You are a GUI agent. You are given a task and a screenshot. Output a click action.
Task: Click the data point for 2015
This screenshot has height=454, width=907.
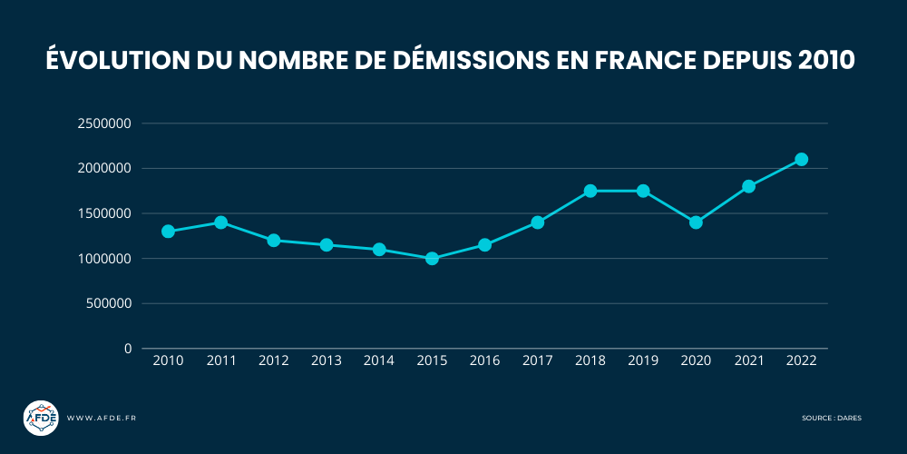[x=432, y=259]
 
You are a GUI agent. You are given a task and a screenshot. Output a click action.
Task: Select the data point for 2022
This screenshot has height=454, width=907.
[x=801, y=160]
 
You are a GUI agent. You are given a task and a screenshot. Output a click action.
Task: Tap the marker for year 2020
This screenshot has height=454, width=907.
[x=696, y=222]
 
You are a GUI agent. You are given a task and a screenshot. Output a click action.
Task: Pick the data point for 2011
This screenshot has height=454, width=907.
[x=220, y=222]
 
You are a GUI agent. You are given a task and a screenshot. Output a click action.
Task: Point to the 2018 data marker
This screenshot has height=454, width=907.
[x=590, y=191]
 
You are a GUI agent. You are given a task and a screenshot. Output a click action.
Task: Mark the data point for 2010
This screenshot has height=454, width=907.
[x=168, y=232]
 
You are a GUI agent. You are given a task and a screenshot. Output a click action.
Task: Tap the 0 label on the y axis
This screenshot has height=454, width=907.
[x=128, y=349]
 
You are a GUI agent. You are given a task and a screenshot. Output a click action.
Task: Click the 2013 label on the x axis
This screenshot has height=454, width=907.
[x=326, y=360]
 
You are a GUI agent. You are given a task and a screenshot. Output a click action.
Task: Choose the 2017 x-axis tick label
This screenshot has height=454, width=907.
[x=537, y=360]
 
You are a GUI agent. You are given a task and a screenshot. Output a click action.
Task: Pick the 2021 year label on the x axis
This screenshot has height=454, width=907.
[x=748, y=360]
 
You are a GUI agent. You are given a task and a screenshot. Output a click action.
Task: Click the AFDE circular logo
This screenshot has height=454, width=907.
[x=41, y=418]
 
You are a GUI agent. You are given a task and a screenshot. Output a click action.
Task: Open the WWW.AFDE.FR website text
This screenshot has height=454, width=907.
[x=102, y=418]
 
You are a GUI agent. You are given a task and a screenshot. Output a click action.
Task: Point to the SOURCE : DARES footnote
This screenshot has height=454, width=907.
[x=832, y=418]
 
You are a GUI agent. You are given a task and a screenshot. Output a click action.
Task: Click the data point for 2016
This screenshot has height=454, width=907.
[x=484, y=245]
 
